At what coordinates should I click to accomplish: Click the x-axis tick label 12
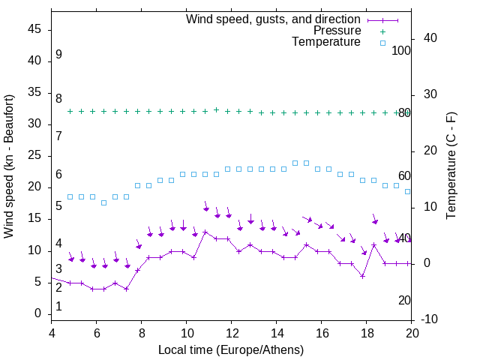click(x=232, y=332)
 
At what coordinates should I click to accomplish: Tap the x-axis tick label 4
click(x=52, y=332)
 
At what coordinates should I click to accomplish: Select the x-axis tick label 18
click(x=367, y=332)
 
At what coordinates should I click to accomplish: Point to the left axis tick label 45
click(x=34, y=30)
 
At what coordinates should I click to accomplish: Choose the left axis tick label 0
click(x=37, y=313)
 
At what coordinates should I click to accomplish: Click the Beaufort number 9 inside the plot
click(x=58, y=55)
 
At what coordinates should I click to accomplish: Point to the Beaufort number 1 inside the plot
click(x=58, y=307)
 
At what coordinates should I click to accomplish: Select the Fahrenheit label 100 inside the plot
click(x=401, y=50)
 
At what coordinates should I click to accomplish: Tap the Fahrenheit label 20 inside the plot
click(x=404, y=300)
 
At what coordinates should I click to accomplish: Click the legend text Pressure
click(x=337, y=31)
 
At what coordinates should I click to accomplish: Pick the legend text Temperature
click(x=326, y=42)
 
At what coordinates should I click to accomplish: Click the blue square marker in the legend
click(x=382, y=43)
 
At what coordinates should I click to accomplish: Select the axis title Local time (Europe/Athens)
click(x=231, y=349)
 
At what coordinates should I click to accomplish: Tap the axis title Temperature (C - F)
click(x=451, y=166)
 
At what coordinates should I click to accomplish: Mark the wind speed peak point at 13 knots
click(x=205, y=232)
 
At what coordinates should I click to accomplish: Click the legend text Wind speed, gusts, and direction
click(x=274, y=19)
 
